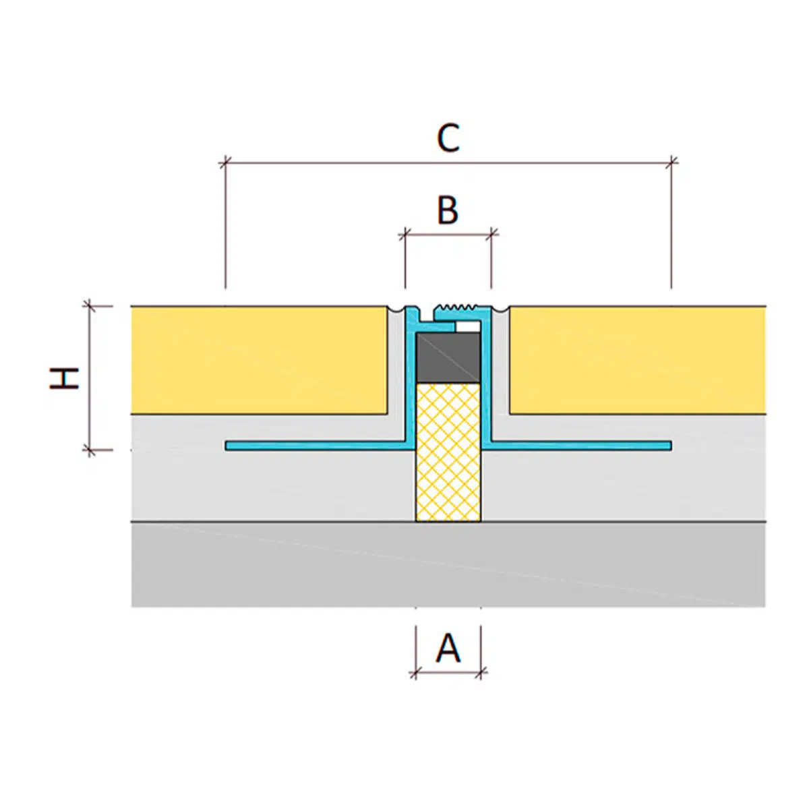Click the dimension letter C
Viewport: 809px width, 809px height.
coord(448,138)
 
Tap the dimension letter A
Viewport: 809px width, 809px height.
coord(448,649)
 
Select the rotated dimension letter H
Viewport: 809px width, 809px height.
coord(65,378)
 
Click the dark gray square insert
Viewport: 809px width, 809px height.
coord(448,358)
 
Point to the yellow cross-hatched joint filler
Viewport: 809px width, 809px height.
coord(448,452)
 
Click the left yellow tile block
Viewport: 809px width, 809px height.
coord(260,360)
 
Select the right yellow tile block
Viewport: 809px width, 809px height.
coord(637,360)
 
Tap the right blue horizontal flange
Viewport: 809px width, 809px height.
coord(580,446)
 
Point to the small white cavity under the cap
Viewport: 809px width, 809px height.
coord(469,327)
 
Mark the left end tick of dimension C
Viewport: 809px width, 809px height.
coord(225,162)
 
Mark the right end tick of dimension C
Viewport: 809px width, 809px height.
coord(671,162)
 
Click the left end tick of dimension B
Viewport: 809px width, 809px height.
coord(404,235)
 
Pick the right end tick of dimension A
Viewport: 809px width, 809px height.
coord(481,671)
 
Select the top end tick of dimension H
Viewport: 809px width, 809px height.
coord(90,306)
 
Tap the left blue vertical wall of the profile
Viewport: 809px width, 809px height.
coord(410,384)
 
